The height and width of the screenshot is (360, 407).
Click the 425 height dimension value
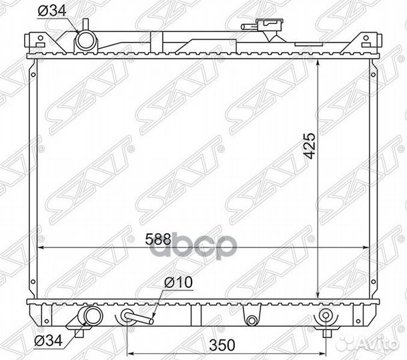pyautogui.click(x=310, y=146)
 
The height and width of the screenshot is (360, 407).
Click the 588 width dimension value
pyautogui.click(x=158, y=239)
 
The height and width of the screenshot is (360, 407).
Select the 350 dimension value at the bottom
pyautogui.click(x=222, y=345)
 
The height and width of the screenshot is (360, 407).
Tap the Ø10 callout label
pyautogui.click(x=178, y=282)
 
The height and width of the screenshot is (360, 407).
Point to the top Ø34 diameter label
pyautogui.click(x=52, y=11)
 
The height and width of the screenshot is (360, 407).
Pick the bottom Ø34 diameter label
pyautogui.click(x=49, y=340)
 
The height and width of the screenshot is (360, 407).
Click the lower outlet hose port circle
pyautogui.click(x=93, y=315)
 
